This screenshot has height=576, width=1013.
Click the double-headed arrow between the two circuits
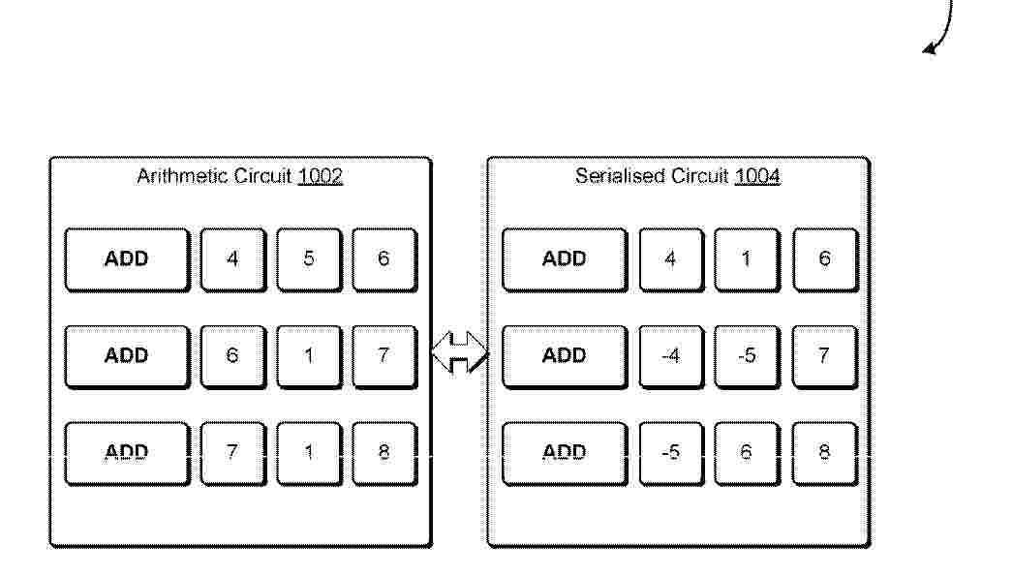(459, 352)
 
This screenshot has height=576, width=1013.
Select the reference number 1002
(320, 176)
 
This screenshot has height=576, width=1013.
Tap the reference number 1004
(757, 176)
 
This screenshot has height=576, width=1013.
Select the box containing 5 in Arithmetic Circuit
(309, 259)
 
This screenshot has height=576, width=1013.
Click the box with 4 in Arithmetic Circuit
(232, 259)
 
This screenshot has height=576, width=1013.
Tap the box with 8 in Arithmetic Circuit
(384, 453)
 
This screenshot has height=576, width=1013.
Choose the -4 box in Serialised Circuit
(671, 357)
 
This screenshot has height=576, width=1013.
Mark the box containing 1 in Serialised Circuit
(747, 259)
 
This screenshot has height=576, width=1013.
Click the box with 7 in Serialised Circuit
(825, 357)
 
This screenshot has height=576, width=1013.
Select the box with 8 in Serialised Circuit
(825, 453)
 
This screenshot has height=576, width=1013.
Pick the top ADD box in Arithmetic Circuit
(127, 259)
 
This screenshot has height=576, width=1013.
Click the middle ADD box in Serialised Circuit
(565, 357)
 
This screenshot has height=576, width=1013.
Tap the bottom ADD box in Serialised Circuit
(565, 453)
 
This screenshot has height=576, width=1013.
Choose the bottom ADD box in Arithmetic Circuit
(127, 453)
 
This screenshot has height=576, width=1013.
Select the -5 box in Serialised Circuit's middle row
(747, 357)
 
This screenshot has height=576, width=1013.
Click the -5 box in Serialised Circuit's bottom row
(671, 453)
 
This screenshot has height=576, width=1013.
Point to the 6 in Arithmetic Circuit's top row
(384, 259)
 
